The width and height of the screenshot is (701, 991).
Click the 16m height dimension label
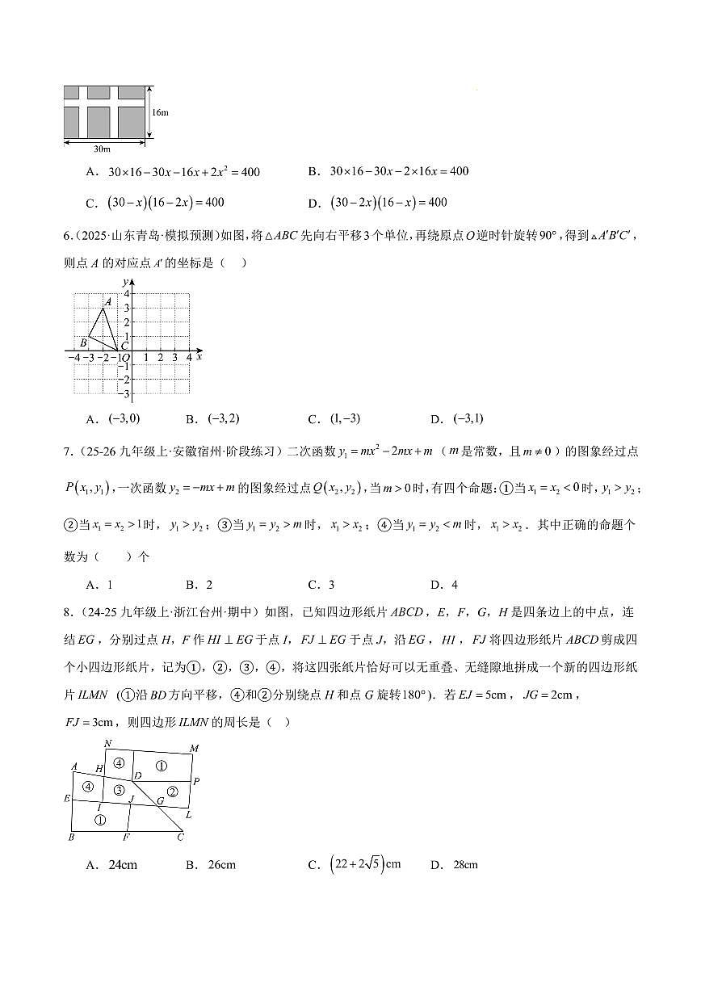(160, 112)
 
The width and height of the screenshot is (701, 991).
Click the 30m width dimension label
(103, 149)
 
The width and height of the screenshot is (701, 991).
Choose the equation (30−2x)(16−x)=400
(388, 203)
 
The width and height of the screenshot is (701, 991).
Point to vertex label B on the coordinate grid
(83, 342)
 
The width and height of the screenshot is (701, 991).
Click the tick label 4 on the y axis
(126, 294)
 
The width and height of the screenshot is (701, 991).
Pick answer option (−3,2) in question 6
(224, 418)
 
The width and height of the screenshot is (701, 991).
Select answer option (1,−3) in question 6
(346, 418)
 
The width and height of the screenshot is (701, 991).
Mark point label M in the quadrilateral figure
(194, 749)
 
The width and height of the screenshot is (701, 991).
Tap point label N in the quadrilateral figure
(108, 743)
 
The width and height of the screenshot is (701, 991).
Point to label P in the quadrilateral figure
(196, 781)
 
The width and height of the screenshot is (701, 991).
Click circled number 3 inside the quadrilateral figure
(119, 790)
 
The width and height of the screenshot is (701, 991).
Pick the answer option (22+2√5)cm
(365, 864)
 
